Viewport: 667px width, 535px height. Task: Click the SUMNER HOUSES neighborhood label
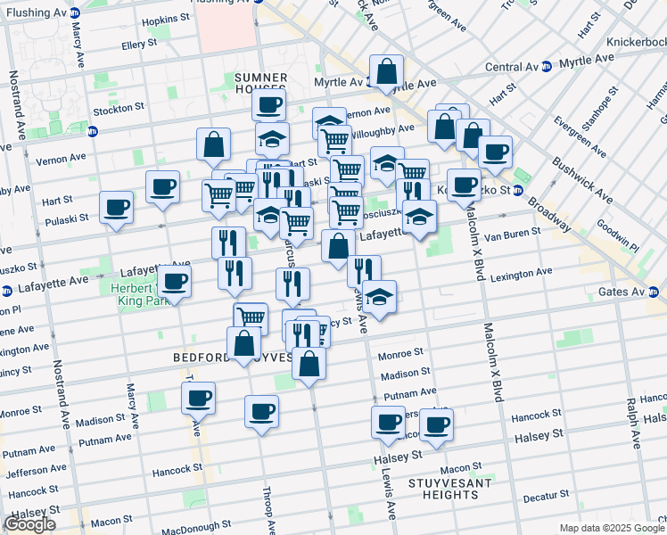[x=260, y=84]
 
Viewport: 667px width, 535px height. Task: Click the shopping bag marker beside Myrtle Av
[x=387, y=71]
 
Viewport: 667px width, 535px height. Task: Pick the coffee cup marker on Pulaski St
[x=117, y=208]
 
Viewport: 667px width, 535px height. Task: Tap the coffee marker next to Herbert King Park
[x=174, y=282]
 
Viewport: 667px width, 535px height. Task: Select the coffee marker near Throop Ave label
[x=261, y=411]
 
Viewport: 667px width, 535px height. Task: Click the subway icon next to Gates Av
[x=652, y=292]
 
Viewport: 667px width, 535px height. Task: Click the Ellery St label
[x=139, y=43]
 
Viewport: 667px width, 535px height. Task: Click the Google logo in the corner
[x=29, y=524]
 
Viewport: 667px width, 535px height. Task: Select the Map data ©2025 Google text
[x=611, y=528]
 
